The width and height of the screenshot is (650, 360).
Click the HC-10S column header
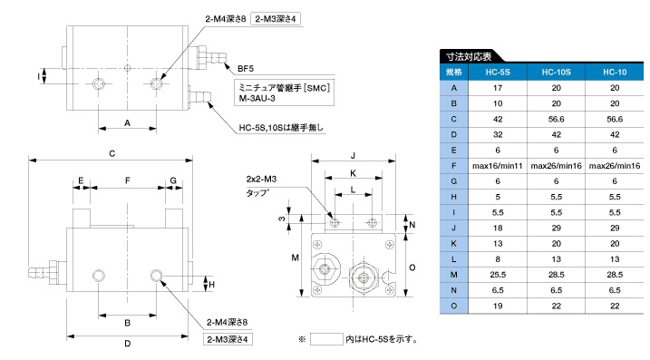coord(556,73)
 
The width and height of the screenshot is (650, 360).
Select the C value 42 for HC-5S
coord(498,120)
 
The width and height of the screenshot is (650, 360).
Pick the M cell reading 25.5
coord(498,275)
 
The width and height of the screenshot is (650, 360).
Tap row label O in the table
coord(454,306)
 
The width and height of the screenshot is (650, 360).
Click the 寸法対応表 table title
coord(469,56)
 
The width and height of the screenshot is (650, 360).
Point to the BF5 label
coord(246,69)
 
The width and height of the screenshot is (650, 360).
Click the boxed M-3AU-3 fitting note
coord(285,92)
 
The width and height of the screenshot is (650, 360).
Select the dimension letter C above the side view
coord(112,154)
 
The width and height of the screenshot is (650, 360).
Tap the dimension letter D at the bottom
coord(127,344)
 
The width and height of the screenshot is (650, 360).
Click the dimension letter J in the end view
coord(354,156)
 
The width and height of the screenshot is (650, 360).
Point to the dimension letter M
coord(295,258)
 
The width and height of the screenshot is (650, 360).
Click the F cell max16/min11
coord(498,166)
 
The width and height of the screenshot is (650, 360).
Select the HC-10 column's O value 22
coord(615,306)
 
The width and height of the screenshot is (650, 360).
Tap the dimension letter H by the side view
coord(212,285)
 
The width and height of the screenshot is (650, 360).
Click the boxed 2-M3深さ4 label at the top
coord(276,19)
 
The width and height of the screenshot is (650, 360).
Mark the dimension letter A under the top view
coord(127,122)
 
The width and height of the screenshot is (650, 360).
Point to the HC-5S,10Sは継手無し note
coord(281,128)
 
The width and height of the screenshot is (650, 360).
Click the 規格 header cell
coord(454,73)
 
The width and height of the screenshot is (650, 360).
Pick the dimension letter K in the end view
coord(354,173)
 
